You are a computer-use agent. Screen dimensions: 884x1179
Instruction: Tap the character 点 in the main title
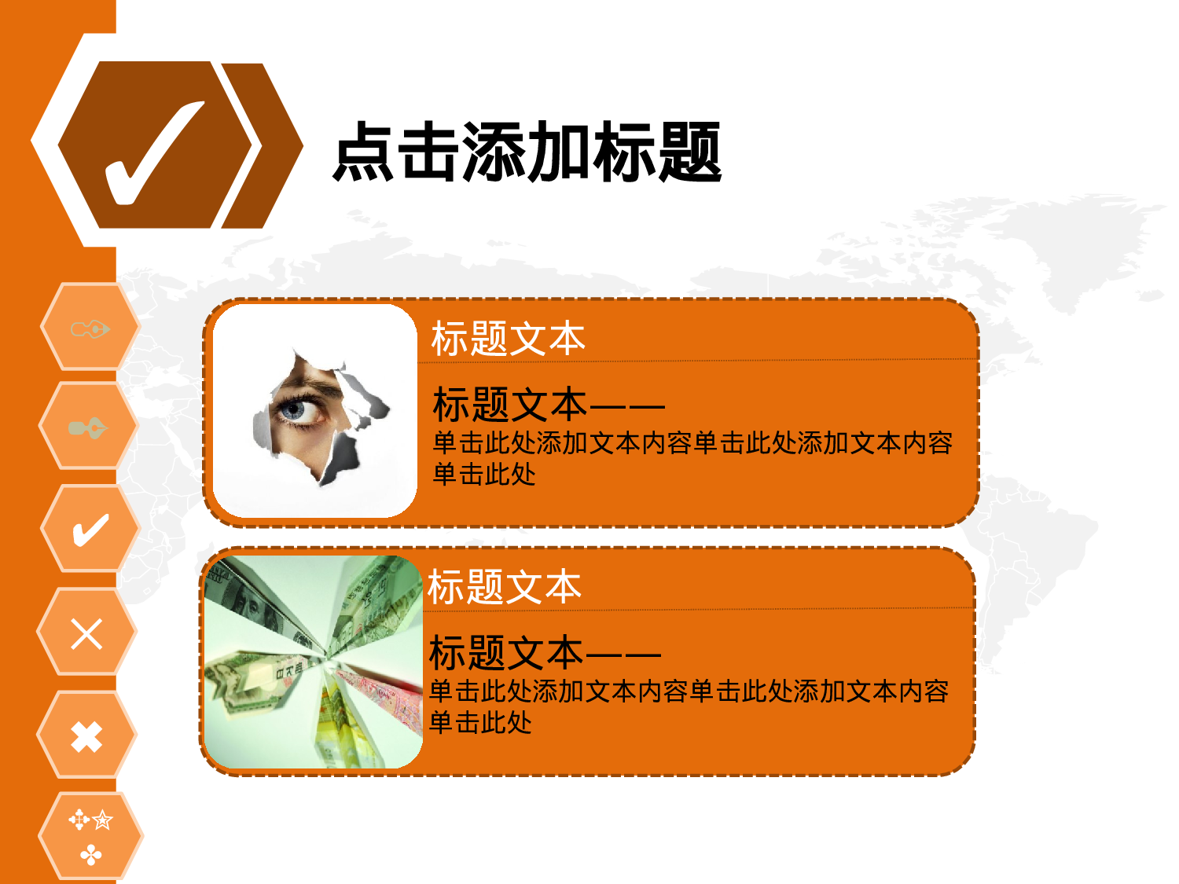click(x=363, y=152)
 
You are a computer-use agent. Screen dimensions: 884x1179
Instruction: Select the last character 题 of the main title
click(x=689, y=152)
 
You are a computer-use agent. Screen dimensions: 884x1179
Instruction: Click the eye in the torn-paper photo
click(x=296, y=409)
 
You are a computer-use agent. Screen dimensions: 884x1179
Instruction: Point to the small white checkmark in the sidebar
click(x=90, y=530)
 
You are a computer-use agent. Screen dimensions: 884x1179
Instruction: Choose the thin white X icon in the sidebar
click(x=86, y=633)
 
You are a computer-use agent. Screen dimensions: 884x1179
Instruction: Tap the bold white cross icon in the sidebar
click(x=86, y=737)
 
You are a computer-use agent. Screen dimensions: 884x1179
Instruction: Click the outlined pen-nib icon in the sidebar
click(x=90, y=328)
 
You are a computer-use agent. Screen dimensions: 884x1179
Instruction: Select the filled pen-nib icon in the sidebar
click(x=87, y=428)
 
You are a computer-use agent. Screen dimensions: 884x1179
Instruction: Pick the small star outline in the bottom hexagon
click(x=102, y=821)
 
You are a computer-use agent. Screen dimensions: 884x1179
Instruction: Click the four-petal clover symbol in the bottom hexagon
click(x=91, y=854)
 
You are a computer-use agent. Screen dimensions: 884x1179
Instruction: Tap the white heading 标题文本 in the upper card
click(x=508, y=339)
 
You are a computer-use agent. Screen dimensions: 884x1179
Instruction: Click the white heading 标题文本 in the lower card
click(x=504, y=588)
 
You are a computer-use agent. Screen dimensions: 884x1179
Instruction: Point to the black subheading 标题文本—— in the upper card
click(x=548, y=405)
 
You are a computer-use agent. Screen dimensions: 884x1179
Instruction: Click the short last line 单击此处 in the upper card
click(x=484, y=475)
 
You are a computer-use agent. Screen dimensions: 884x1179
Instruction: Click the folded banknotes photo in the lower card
click(x=313, y=662)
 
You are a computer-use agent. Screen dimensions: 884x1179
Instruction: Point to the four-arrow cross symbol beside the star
click(x=79, y=821)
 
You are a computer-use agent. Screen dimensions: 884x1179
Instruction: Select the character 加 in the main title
click(x=559, y=152)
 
